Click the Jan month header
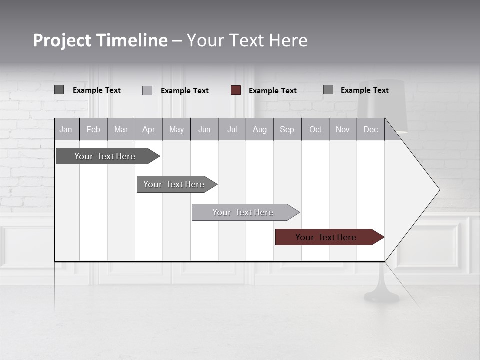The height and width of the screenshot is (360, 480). [66, 129]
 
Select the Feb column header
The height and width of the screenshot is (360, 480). [93, 129]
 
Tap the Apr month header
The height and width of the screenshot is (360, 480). [148, 129]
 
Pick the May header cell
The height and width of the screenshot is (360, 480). [176, 129]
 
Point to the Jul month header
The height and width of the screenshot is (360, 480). [232, 129]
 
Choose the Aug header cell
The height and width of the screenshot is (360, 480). [259, 129]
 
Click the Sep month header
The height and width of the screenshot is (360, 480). [287, 129]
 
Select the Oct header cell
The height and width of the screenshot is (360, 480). [315, 129]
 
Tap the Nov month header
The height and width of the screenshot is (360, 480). [343, 129]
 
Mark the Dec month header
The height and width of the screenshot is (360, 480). [370, 129]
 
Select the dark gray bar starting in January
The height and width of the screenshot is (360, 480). [105, 156]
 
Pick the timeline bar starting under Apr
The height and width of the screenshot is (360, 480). [174, 184]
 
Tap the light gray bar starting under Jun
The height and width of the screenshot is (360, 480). [243, 212]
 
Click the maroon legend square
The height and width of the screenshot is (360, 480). [236, 90]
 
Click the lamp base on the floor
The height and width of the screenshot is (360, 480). [382, 296]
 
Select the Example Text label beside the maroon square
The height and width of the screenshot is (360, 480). [273, 91]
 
